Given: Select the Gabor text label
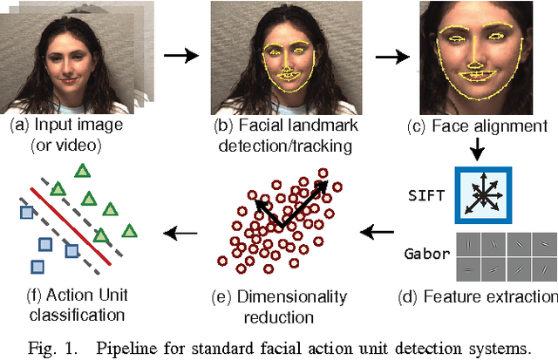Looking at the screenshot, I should click(427, 254).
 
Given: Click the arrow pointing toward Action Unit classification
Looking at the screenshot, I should click(181, 233).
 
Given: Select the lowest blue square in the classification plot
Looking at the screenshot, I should click(37, 267).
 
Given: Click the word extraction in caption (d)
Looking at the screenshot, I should click(521, 296).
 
